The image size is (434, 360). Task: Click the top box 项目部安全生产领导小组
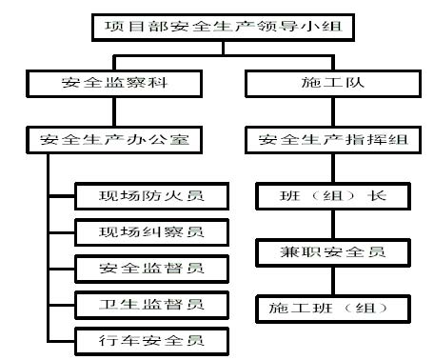click(223, 28)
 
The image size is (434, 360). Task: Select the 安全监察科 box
click(114, 84)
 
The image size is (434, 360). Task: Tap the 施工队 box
click(333, 84)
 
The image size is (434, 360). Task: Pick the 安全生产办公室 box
click(114, 140)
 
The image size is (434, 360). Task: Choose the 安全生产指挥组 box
click(333, 140)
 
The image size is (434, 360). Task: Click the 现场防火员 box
click(151, 196)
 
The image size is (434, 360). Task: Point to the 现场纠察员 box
click(151, 232)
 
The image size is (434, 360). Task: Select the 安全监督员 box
click(151, 269)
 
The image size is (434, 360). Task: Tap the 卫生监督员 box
click(151, 305)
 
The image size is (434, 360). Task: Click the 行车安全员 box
click(151, 341)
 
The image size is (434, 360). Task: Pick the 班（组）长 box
click(333, 196)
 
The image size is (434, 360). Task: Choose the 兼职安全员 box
click(333, 252)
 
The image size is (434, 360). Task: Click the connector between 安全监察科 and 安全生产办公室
click(114, 111)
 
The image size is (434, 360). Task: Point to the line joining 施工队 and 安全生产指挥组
click(333, 111)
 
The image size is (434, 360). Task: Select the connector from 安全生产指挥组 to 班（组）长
click(333, 168)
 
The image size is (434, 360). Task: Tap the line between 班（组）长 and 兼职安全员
click(333, 225)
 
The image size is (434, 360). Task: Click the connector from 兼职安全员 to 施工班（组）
click(333, 281)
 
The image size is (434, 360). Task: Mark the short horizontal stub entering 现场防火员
click(62, 196)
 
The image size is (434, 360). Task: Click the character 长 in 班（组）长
click(377, 195)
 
